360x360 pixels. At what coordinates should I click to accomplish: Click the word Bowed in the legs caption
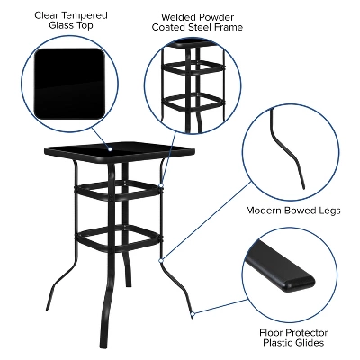[306, 211]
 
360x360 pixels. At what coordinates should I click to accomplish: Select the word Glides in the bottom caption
[308, 342]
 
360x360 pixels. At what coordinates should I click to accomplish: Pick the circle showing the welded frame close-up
[193, 85]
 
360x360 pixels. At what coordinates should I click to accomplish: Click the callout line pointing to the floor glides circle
[220, 301]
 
